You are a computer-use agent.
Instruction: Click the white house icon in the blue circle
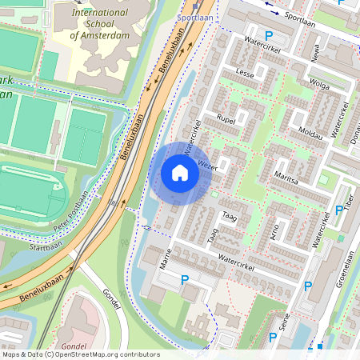pos(180,173)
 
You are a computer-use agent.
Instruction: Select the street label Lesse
pos(245,73)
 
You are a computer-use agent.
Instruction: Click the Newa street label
pos(316,54)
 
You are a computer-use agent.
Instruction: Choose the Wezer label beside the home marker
pos(209,166)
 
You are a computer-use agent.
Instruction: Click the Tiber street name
pos(349,199)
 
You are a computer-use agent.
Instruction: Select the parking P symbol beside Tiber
pos(338,211)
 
